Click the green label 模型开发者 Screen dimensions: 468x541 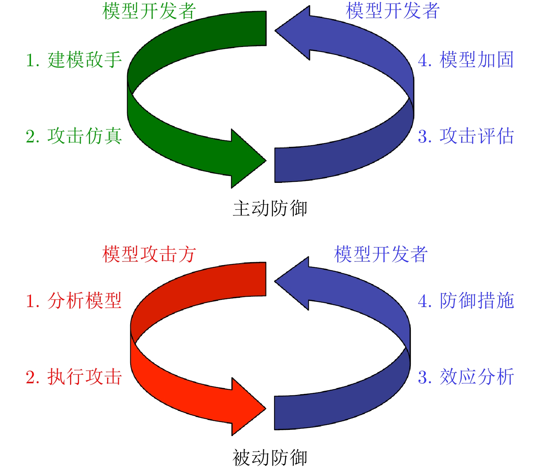point(149,11)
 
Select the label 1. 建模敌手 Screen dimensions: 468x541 point(74,60)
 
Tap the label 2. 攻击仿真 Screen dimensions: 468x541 point(74,136)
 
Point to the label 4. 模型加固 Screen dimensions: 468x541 point(466,60)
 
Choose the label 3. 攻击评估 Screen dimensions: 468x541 point(466,136)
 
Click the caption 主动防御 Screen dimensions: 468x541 point(270,208)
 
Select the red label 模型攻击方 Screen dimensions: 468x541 point(149,254)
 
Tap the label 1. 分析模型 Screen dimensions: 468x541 point(74,301)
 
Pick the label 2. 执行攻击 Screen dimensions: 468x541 point(74,377)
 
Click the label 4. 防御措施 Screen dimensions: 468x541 point(466,301)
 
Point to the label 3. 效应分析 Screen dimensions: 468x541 point(466,377)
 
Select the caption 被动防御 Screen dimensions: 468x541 point(270,458)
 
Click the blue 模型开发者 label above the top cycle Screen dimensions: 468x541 point(392,11)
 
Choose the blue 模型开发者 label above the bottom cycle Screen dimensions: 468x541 point(381,254)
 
